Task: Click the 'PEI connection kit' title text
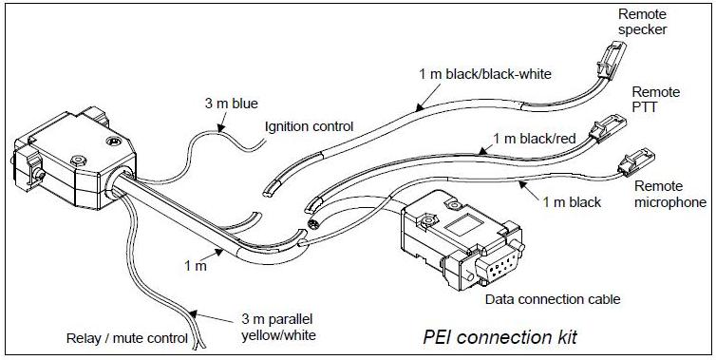coord(499,336)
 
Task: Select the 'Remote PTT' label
coord(656,100)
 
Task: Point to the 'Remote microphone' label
coord(670,194)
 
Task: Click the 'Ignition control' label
coord(310,126)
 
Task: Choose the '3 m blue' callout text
coord(231,104)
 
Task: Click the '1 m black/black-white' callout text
coord(485,74)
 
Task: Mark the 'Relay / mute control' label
coord(127,338)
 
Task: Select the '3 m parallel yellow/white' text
coord(278,327)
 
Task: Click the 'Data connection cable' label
coord(553,300)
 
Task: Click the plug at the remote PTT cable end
coord(607,127)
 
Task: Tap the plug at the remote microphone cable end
coord(635,162)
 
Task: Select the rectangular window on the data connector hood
coord(465,226)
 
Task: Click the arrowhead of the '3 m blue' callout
coord(221,129)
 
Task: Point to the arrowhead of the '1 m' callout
coord(219,251)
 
